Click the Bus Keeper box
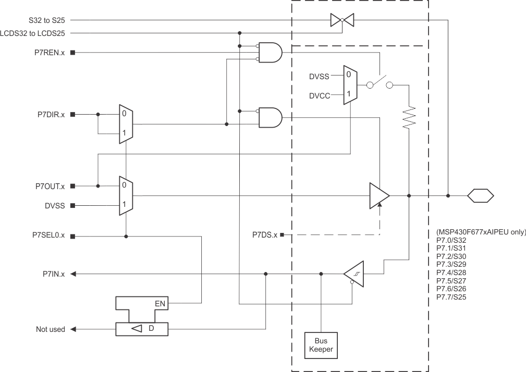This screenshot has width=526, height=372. point(321,345)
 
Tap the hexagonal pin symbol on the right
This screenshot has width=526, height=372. point(480,196)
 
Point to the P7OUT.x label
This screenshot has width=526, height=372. point(48,186)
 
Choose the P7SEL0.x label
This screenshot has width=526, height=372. point(47,235)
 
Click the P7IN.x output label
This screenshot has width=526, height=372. point(54,274)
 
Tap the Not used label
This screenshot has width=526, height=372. point(51,329)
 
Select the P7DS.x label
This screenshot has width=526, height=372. point(263,235)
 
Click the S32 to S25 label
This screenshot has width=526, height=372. point(48,20)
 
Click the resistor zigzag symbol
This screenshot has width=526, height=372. point(410,116)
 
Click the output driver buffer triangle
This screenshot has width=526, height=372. point(379,196)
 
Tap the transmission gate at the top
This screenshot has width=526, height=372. point(342,20)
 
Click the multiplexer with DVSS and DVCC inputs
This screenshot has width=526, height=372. point(349,85)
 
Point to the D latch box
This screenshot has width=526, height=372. point(142,329)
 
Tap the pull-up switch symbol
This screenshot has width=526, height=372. point(378,83)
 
